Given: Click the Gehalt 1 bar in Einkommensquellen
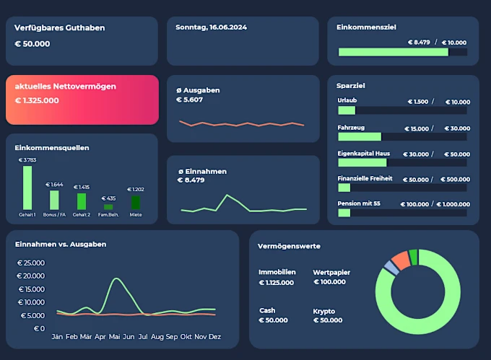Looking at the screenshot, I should [27, 188].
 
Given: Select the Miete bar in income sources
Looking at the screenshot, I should [136, 203].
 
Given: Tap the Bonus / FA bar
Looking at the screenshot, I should [54, 200].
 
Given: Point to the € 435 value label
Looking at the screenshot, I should [108, 198].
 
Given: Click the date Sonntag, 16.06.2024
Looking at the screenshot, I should [212, 27].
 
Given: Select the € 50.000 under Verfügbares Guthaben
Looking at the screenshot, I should [32, 44].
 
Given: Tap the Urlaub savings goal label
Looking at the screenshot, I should [347, 100].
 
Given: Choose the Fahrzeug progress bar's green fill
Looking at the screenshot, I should [359, 136].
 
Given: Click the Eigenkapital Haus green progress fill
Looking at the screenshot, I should [362, 162].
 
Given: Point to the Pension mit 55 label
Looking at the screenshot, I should [359, 203].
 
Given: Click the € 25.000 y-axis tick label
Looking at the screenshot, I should [31, 263].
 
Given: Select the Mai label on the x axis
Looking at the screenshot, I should [114, 337].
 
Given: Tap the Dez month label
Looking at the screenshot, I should [215, 337].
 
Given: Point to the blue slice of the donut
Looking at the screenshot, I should [391, 268].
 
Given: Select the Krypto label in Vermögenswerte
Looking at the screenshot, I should [323, 311].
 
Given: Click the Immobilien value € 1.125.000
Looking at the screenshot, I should [277, 282].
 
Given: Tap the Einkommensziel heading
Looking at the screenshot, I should [366, 27].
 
